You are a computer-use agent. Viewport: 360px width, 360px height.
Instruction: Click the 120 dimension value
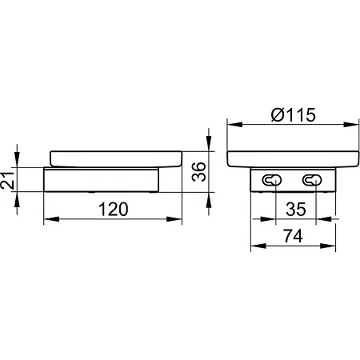pyautogui.click(x=114, y=210)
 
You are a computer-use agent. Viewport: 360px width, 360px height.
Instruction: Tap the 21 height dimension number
pyautogui.click(x=7, y=181)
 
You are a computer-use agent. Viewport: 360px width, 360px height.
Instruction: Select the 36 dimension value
pyautogui.click(x=199, y=172)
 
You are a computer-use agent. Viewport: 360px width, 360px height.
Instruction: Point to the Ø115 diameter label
pyautogui.click(x=294, y=115)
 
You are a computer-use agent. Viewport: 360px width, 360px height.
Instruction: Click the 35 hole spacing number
pyautogui.click(x=296, y=210)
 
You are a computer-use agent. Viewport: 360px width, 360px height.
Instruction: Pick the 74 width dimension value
pyautogui.click(x=293, y=236)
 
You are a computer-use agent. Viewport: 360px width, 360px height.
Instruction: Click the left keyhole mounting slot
pyautogui.click(x=272, y=180)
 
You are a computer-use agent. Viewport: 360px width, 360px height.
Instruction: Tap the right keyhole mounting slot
pyautogui.click(x=312, y=180)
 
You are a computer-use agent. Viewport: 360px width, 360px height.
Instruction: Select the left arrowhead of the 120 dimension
pyautogui.click(x=51, y=219)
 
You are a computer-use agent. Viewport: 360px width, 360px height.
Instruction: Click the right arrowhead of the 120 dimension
pyautogui.click(x=174, y=219)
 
